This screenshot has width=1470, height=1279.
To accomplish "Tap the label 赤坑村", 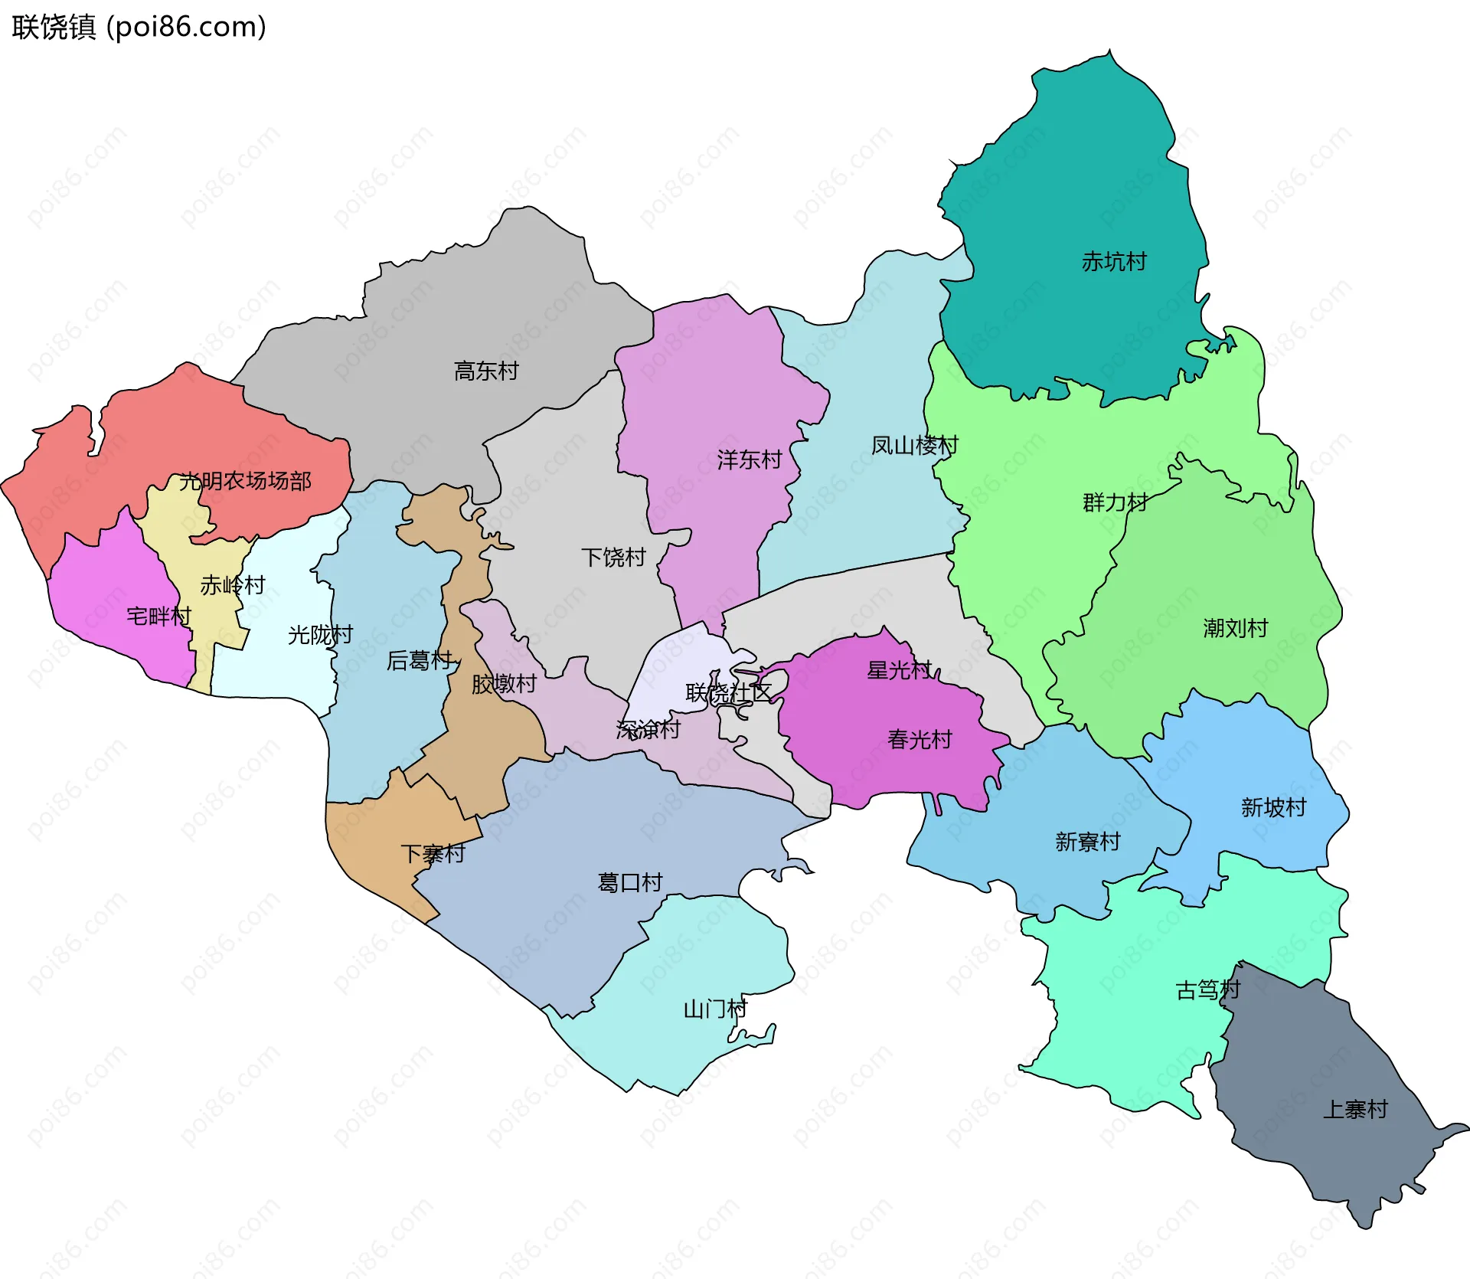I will click(1114, 262).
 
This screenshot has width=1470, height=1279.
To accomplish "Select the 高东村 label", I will click(486, 371).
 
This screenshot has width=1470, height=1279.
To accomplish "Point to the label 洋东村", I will click(749, 460).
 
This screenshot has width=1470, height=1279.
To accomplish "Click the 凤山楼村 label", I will click(914, 445).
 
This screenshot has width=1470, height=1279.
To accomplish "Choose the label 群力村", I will click(1115, 502).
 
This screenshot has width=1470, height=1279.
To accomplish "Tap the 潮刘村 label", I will click(1235, 628).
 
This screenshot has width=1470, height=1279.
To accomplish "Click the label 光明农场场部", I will click(245, 481).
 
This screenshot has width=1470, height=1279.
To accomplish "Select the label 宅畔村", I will click(158, 616).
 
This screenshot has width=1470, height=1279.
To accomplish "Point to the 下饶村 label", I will click(613, 557).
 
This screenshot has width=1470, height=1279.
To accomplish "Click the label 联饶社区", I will click(728, 693).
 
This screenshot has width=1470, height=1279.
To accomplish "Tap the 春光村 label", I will click(920, 739).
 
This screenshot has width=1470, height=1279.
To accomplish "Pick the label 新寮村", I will click(1087, 842).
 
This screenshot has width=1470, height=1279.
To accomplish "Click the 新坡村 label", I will click(1273, 807).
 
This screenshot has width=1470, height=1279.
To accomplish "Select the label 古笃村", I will click(1207, 990).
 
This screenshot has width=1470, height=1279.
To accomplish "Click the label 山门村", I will click(715, 1009).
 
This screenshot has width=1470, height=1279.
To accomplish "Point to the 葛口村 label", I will click(629, 882).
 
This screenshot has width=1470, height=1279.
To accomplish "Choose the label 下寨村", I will click(433, 853).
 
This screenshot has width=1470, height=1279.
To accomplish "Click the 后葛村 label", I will click(420, 660).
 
